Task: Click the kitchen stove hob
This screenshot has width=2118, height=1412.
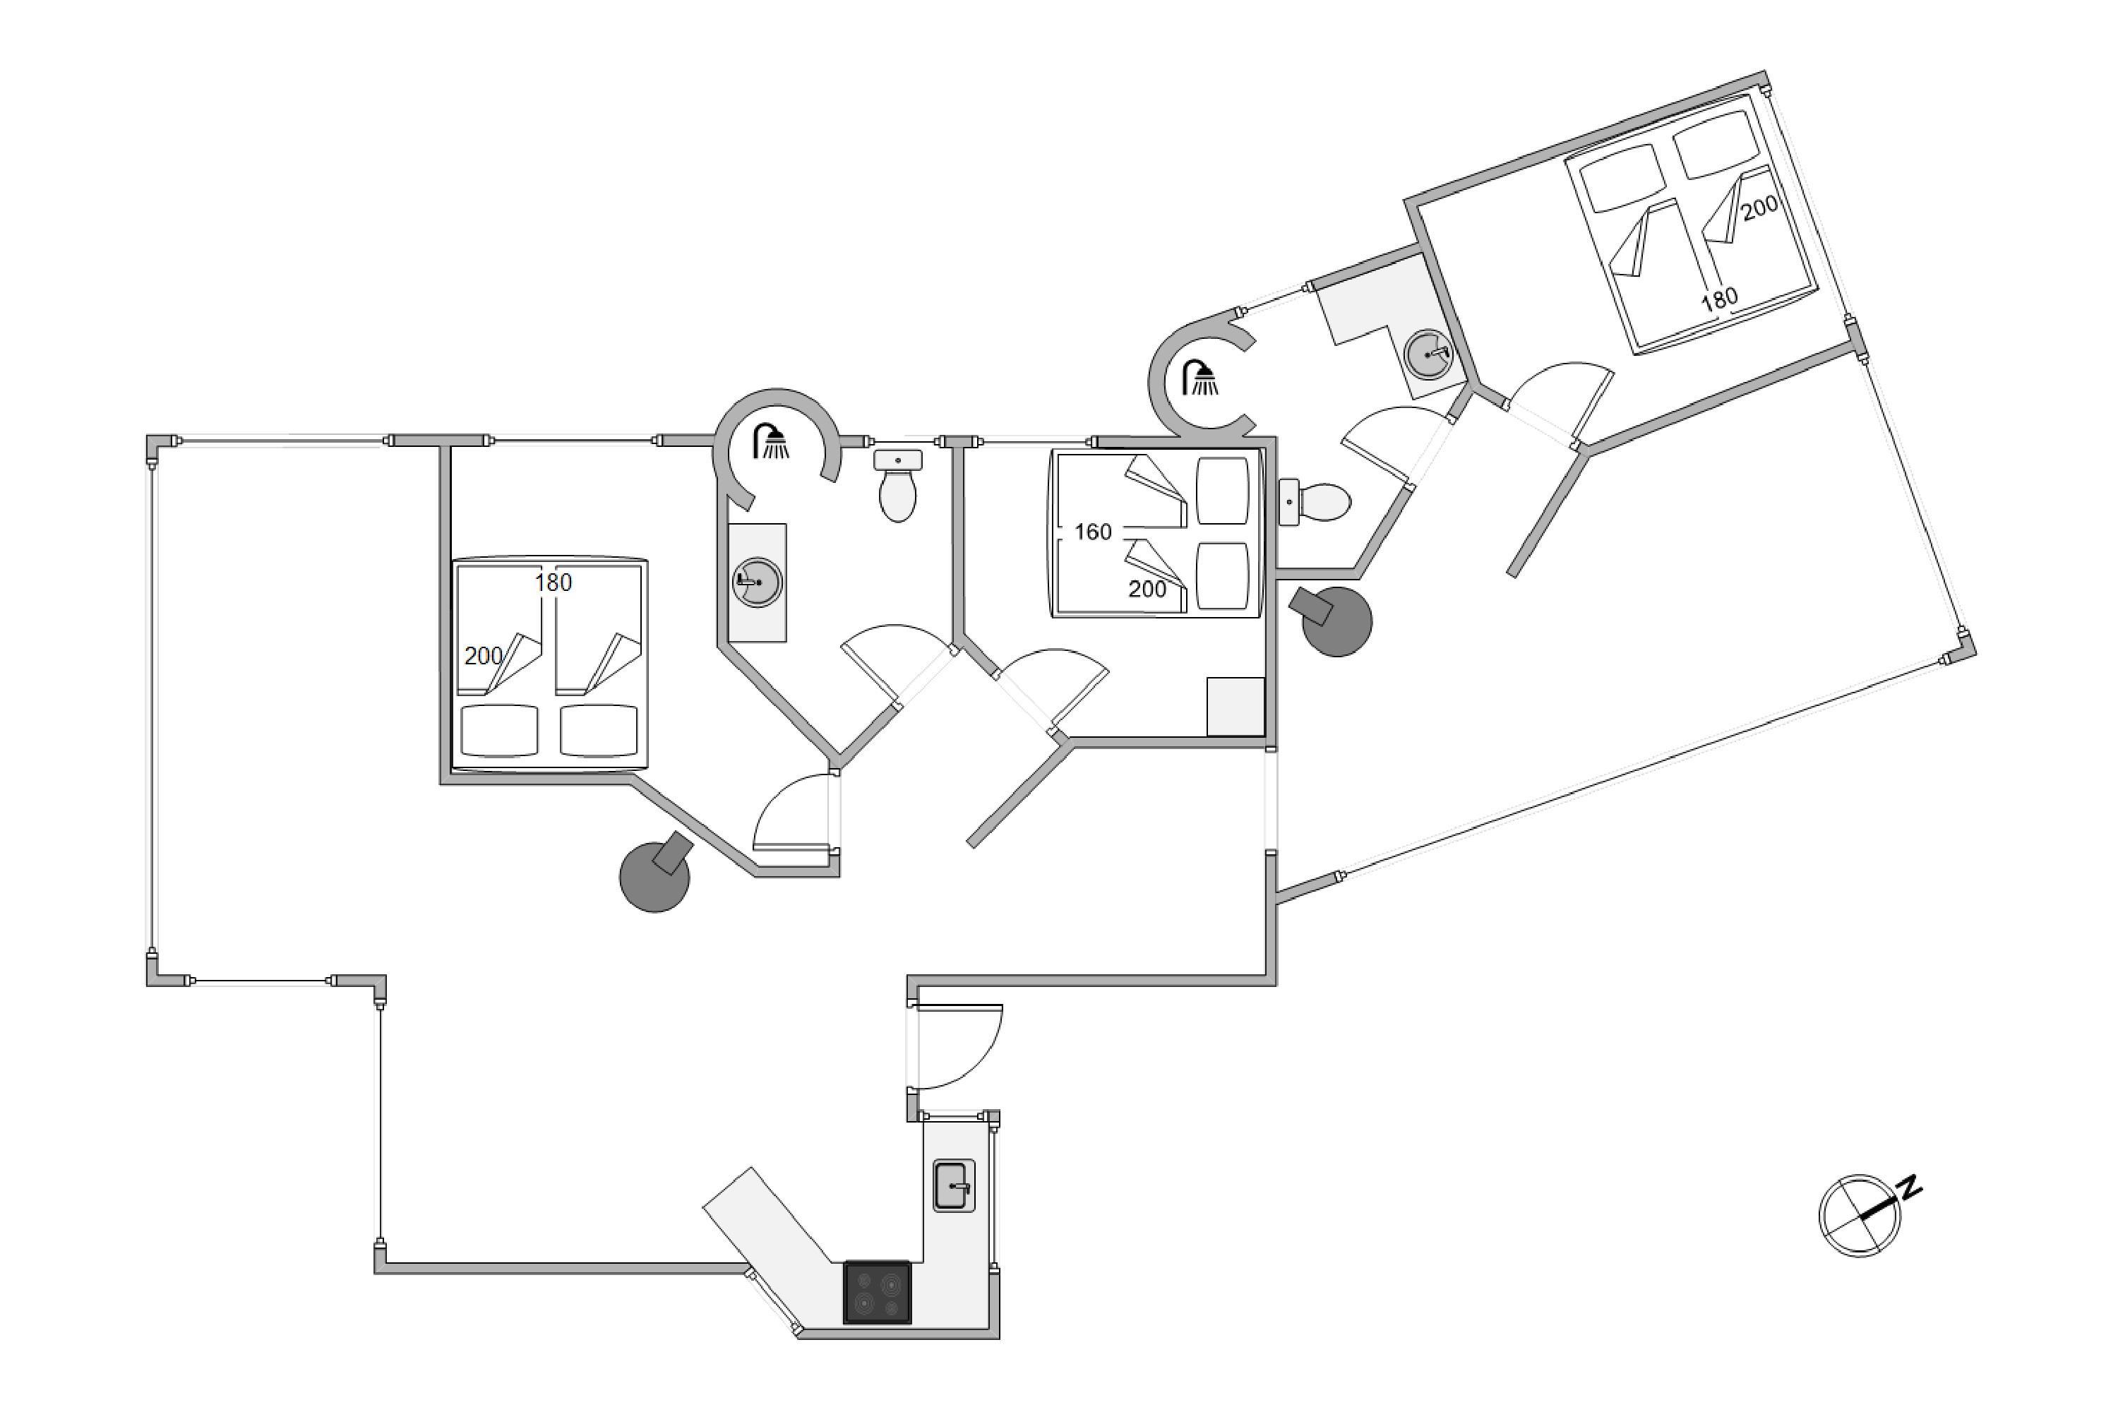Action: (x=877, y=1292)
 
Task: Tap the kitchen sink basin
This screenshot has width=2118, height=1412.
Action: (x=954, y=1185)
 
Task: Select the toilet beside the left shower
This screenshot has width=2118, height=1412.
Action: (x=898, y=486)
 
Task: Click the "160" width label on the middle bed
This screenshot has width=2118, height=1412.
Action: (x=1092, y=532)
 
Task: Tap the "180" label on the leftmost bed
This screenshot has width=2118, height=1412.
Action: (x=553, y=582)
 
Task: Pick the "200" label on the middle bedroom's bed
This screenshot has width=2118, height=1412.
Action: (x=1147, y=589)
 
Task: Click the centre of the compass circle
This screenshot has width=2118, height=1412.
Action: (x=1860, y=1216)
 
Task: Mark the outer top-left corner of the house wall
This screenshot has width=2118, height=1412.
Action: (x=147, y=436)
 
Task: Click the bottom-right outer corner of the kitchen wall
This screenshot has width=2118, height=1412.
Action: (x=1000, y=1339)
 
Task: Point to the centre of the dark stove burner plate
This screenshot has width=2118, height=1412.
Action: (x=877, y=1292)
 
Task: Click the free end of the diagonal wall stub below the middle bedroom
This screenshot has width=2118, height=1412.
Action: (x=971, y=844)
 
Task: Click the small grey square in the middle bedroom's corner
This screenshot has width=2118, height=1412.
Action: (x=1236, y=706)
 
